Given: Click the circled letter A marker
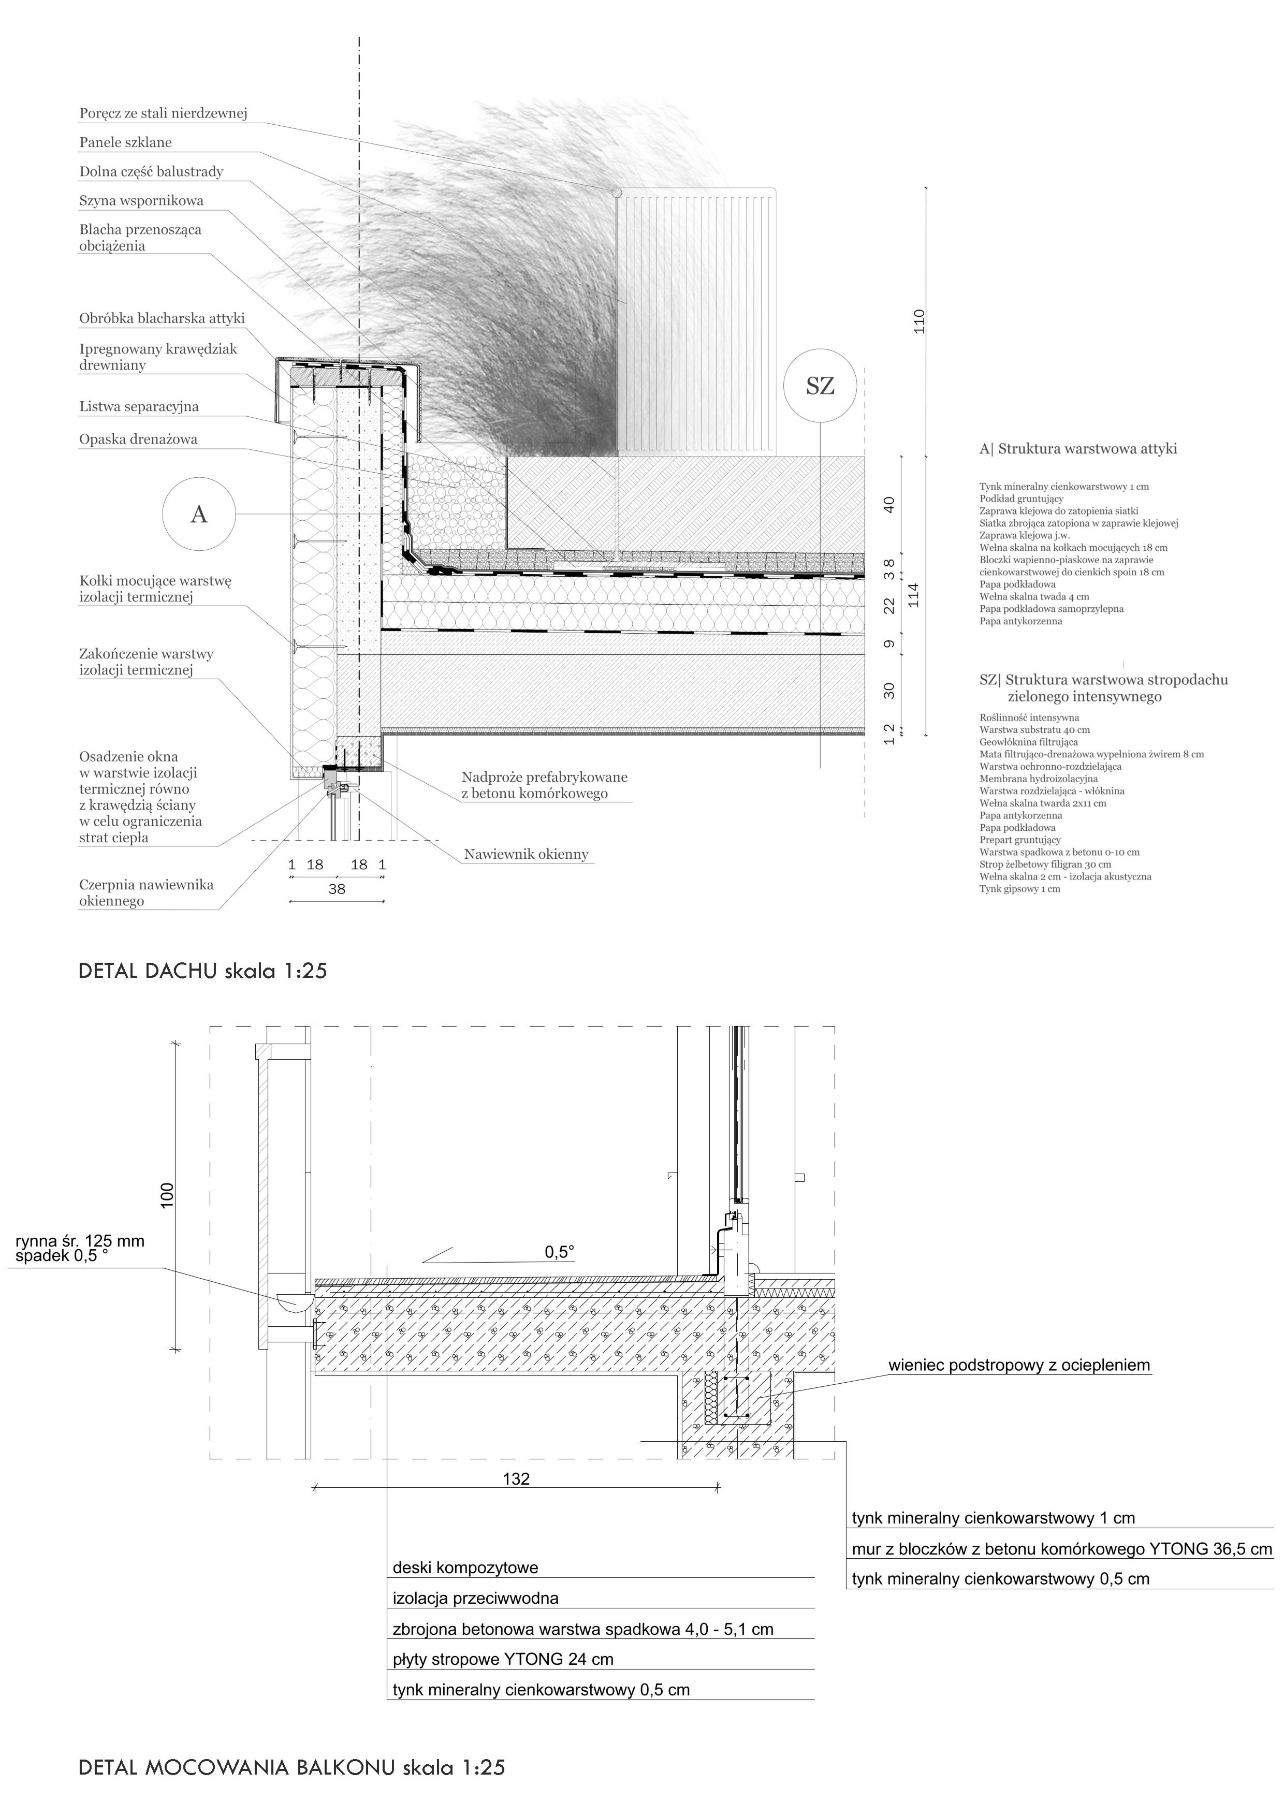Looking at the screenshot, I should [199, 514].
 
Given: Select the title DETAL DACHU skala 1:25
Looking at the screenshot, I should [202, 971].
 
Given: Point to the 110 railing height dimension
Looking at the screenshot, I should [918, 320].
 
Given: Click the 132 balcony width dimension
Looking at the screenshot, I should [516, 1479].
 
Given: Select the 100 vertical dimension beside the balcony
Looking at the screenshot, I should [167, 1196].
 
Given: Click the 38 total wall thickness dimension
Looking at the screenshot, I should [337, 889].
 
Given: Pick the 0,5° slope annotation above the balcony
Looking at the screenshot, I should [559, 1253].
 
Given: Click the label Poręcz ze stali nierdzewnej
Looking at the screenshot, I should [163, 113].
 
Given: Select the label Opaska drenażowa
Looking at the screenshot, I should [138, 439].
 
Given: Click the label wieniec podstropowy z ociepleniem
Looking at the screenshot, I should [1019, 1365].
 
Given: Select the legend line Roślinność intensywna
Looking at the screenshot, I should [1028, 717].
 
